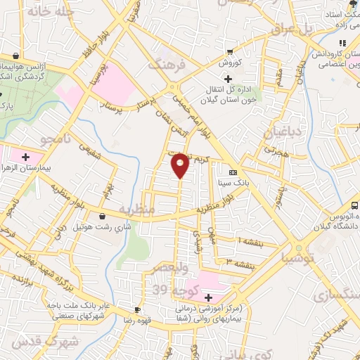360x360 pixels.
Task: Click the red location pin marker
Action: (x=181, y=165)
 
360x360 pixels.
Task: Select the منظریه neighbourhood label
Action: (x=134, y=210)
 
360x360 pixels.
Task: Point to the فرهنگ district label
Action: (x=167, y=65)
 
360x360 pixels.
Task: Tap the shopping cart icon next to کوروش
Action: (x=229, y=52)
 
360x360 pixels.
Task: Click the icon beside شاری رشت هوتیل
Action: (x=104, y=216)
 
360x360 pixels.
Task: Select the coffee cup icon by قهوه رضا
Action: (x=137, y=309)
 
